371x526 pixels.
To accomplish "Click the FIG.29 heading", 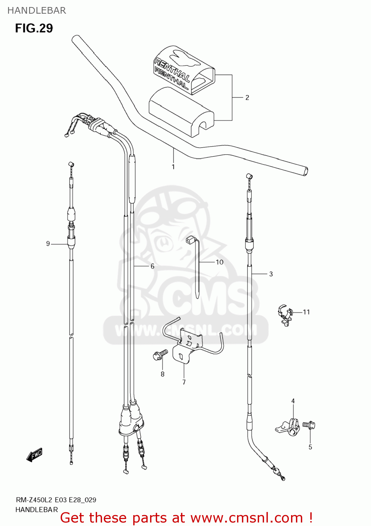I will tap(34, 28).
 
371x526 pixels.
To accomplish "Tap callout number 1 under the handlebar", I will tap(173, 167).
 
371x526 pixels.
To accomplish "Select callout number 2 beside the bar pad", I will tap(247, 97).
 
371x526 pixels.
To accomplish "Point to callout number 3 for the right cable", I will tap(271, 274).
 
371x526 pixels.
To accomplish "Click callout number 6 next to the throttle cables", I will tap(153, 266).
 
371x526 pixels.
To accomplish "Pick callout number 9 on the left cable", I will tap(48, 243).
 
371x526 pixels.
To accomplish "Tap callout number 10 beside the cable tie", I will tap(220, 262).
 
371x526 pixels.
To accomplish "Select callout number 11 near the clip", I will tap(306, 312).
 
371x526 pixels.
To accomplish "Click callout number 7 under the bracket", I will tap(184, 382).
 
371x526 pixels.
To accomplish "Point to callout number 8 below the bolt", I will tap(162, 374).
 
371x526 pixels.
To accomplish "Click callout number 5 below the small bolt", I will tap(310, 447).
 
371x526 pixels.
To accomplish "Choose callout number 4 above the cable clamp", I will tap(293, 401).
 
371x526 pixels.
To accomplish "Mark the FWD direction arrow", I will tap(34, 455).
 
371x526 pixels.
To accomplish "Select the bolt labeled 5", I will tap(309, 425).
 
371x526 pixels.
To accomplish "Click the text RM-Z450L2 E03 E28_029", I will tap(56, 500).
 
